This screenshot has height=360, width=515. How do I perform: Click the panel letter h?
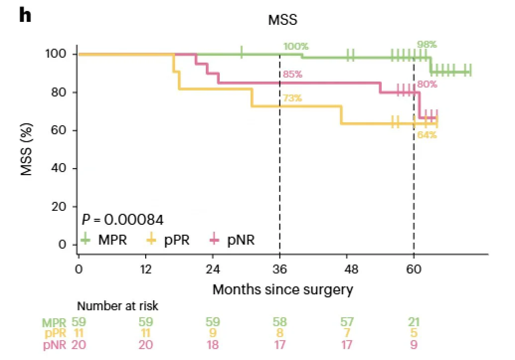(x=25, y=15)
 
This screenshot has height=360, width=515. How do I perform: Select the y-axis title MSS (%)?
(x=28, y=149)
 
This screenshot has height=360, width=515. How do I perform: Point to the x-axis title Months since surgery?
(x=283, y=289)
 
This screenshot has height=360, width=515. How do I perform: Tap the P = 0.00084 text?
(x=123, y=220)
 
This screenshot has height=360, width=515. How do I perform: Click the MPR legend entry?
(x=104, y=241)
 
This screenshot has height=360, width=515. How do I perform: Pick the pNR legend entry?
(x=232, y=241)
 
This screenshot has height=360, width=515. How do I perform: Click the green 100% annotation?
(x=296, y=47)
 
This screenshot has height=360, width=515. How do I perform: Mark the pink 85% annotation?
(x=292, y=75)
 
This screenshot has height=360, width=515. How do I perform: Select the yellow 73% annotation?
(x=292, y=98)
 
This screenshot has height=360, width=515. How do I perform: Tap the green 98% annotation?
(x=427, y=44)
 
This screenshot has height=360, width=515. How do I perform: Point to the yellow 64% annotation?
(x=427, y=135)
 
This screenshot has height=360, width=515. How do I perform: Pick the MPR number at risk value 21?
(x=414, y=322)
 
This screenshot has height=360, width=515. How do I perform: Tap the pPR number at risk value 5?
(x=414, y=333)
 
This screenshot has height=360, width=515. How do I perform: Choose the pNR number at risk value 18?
(x=212, y=345)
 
